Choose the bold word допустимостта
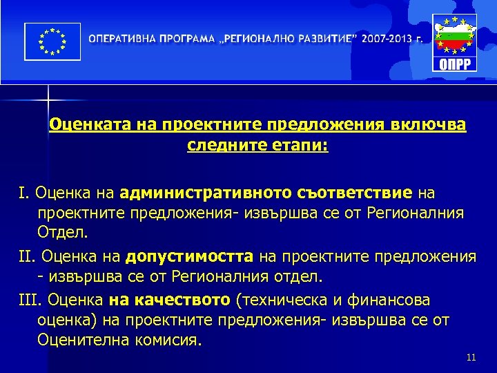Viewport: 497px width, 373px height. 191,257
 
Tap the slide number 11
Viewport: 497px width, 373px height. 471,357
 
